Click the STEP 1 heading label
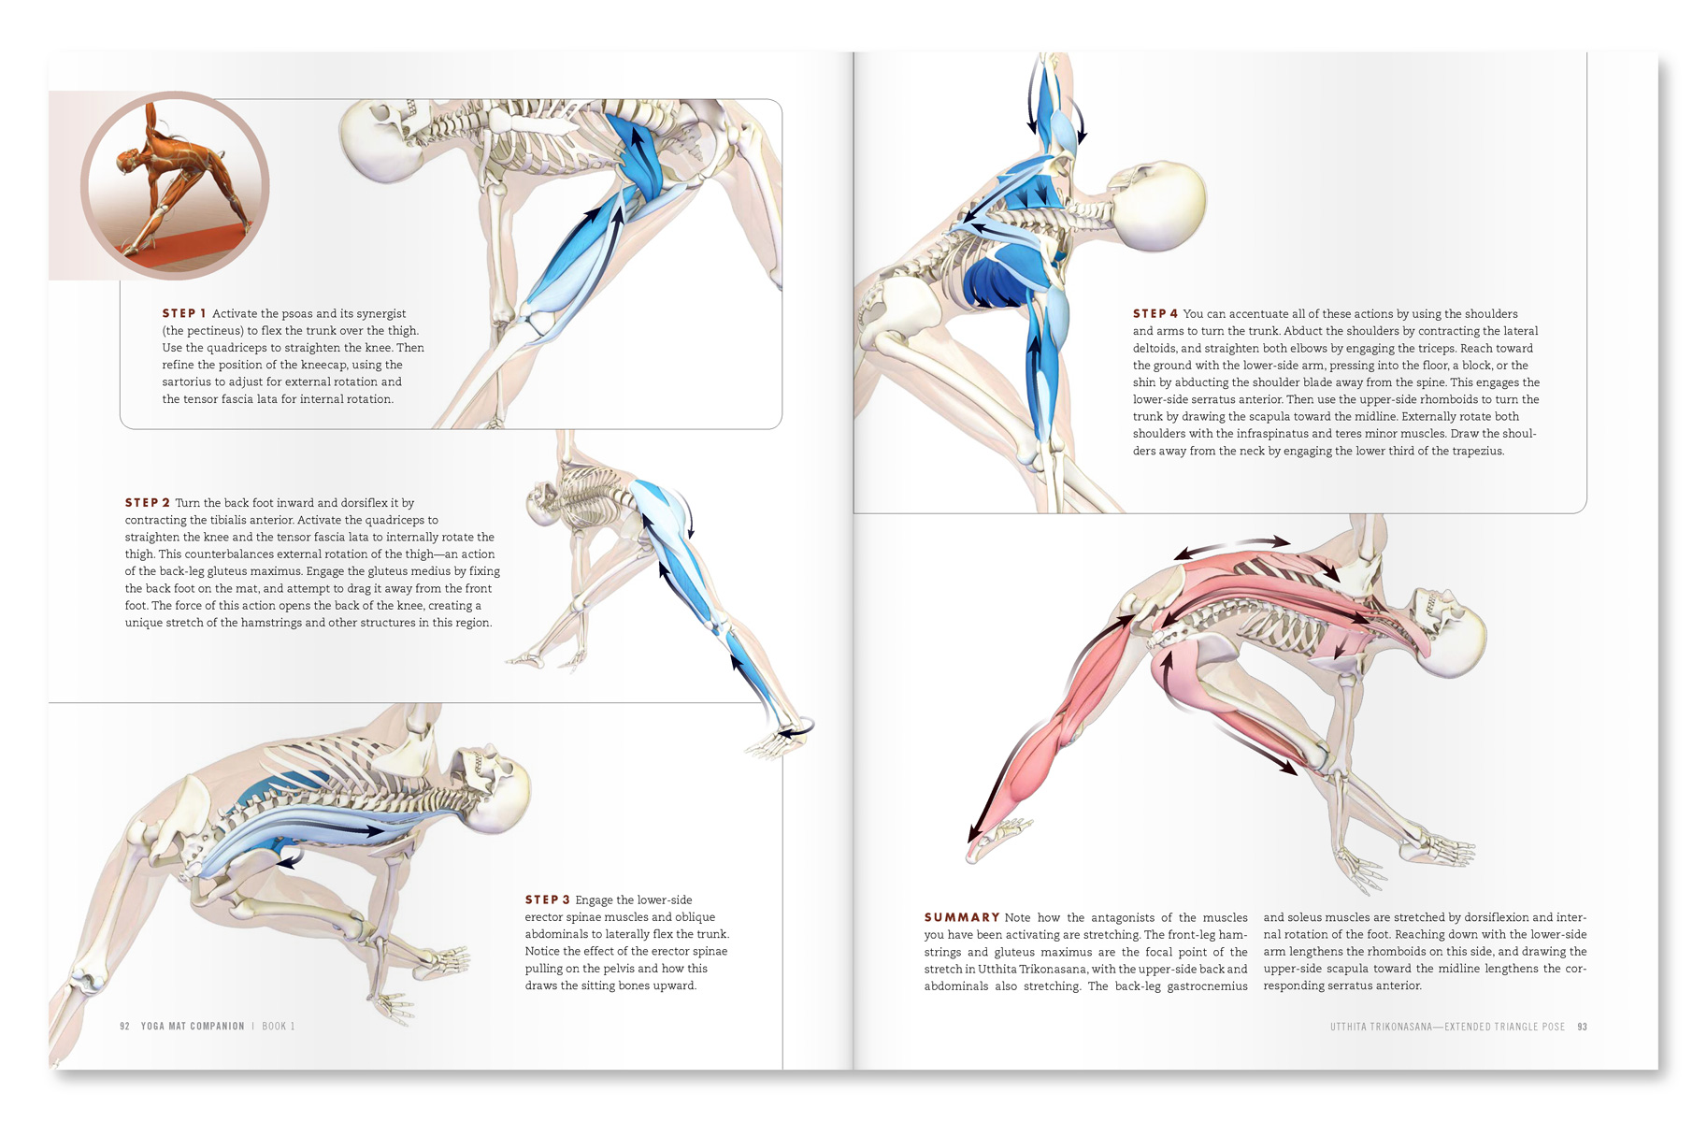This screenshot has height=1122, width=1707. (184, 313)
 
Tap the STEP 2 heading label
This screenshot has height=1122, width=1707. (148, 502)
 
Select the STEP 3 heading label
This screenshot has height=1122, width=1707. (547, 899)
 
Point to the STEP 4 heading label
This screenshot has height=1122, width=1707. (1155, 313)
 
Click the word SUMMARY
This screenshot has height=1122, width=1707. (962, 917)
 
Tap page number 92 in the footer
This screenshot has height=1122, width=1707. (125, 1026)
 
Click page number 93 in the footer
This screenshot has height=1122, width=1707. (1582, 1027)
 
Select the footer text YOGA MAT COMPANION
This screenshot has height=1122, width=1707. (193, 1026)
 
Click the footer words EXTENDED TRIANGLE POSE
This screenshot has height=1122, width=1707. (1505, 1027)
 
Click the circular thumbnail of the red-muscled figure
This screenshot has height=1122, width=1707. (175, 185)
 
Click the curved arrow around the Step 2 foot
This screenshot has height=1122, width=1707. (795, 727)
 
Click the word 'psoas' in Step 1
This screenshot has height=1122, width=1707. (296, 314)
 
